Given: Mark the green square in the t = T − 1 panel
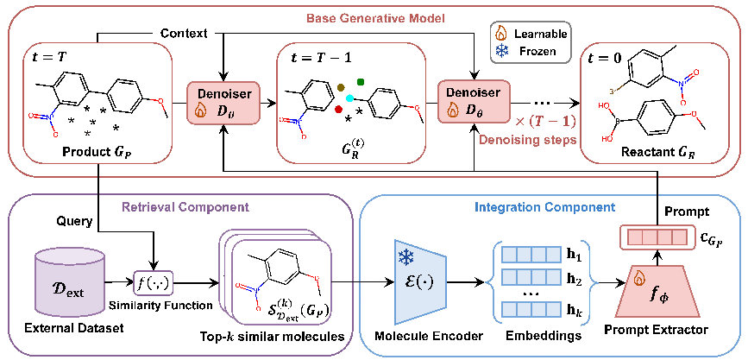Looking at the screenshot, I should (x=361, y=83).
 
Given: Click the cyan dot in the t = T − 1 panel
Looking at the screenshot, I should (x=349, y=99).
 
